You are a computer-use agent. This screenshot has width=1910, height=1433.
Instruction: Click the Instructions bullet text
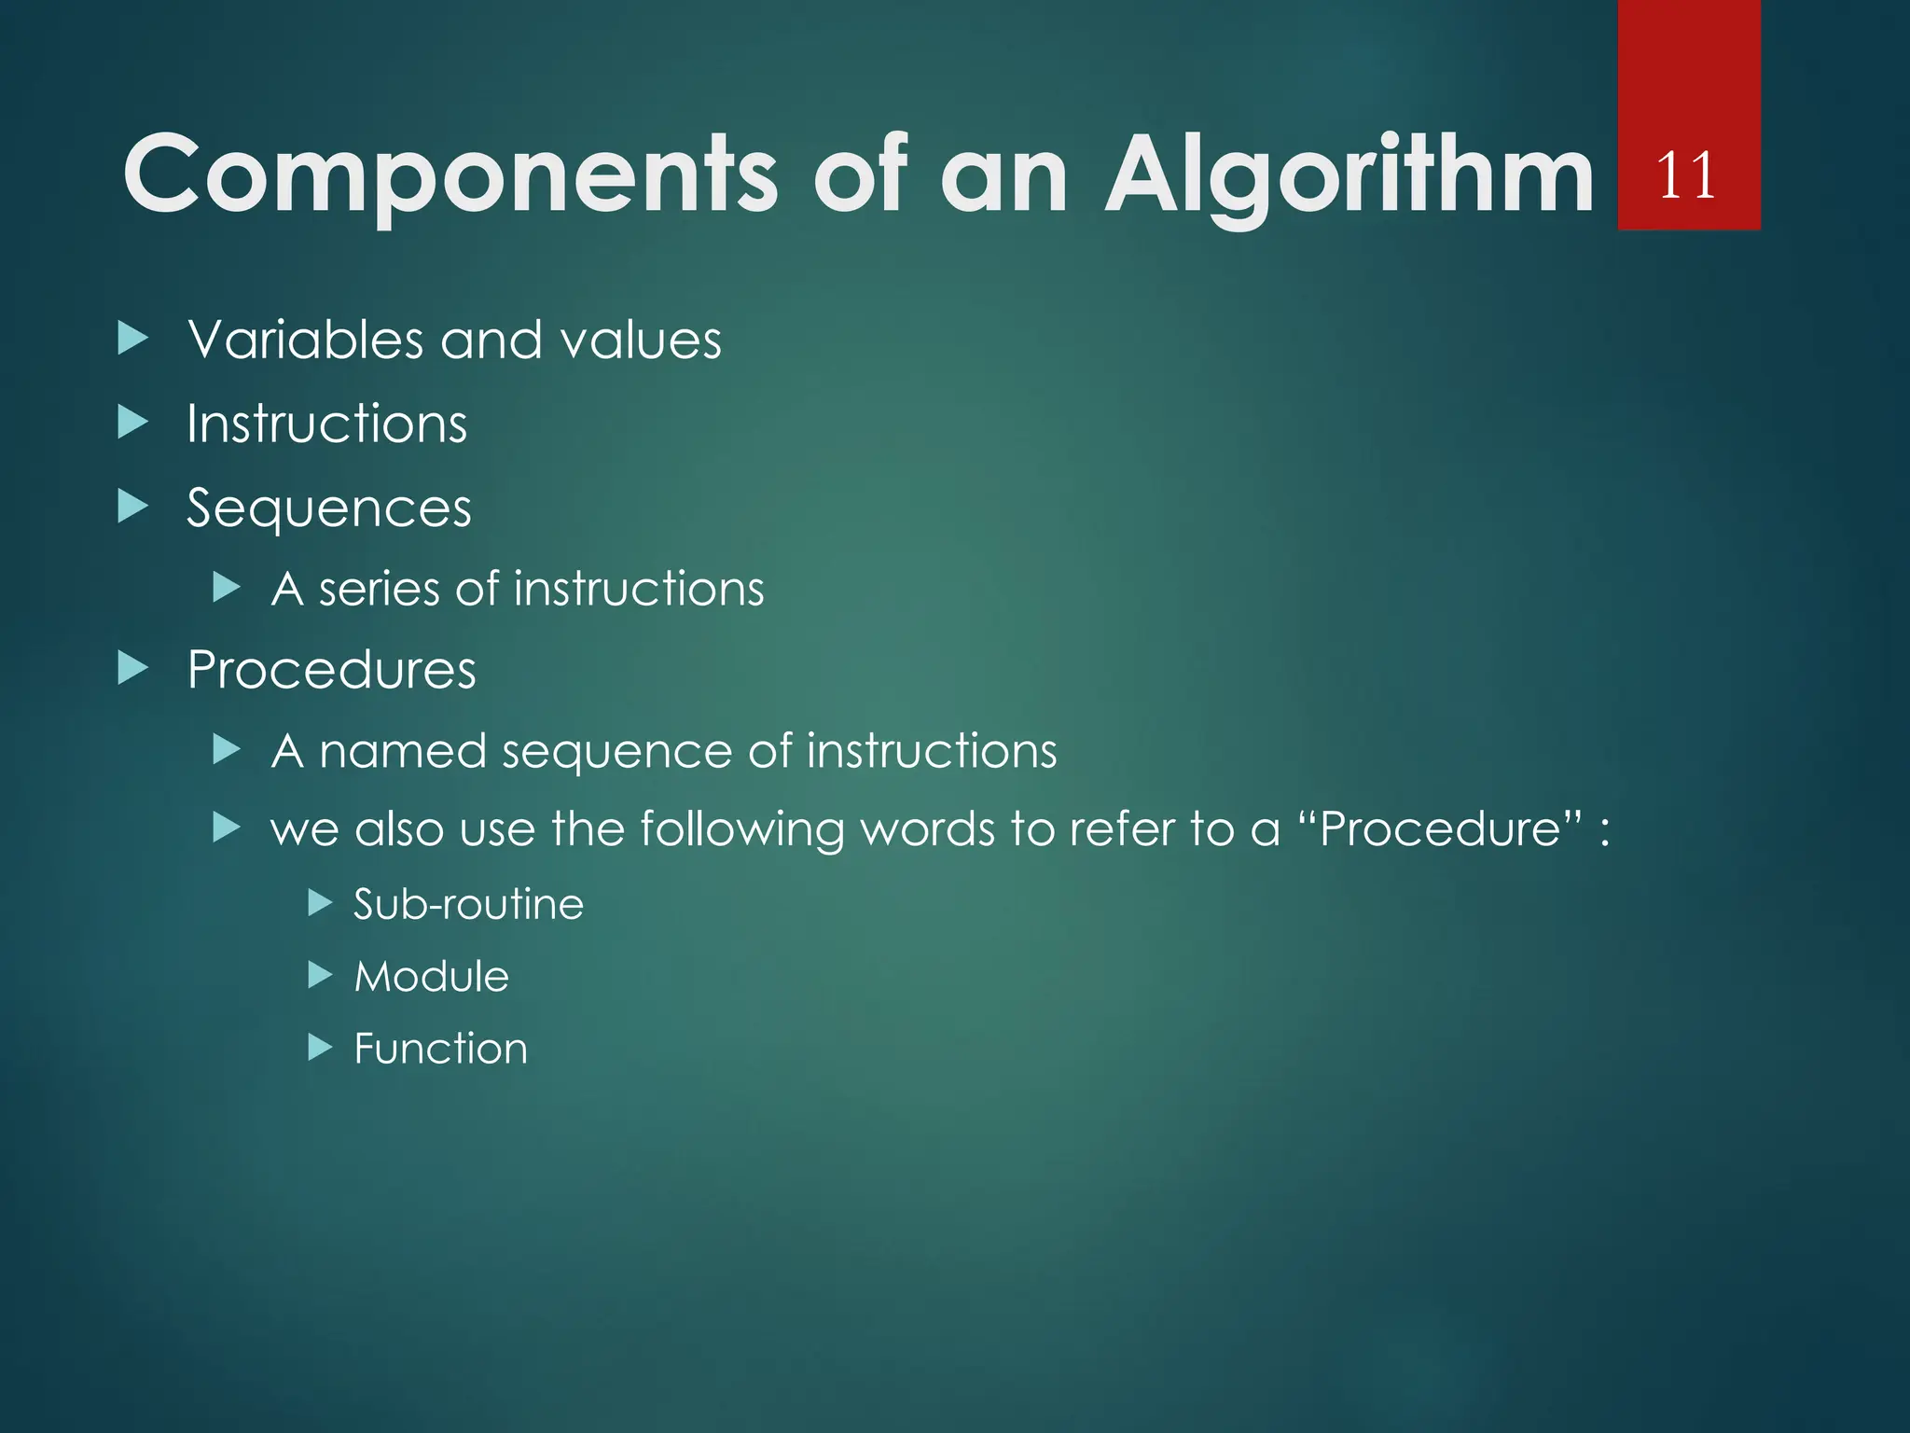pyautogui.click(x=326, y=424)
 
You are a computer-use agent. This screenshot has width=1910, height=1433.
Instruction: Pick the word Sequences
pyautogui.click(x=329, y=509)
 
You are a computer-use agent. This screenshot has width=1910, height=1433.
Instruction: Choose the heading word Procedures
pyautogui.click(x=331, y=670)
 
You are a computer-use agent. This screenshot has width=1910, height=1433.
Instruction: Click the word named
pyautogui.click(x=402, y=751)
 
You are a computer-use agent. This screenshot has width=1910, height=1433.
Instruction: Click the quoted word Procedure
pyautogui.click(x=1441, y=828)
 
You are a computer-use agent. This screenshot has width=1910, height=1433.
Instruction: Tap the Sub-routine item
pyautogui.click(x=468, y=904)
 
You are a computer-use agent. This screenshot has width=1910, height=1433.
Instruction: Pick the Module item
pyautogui.click(x=432, y=977)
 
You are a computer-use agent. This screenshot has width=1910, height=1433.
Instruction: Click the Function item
pyautogui.click(x=440, y=1049)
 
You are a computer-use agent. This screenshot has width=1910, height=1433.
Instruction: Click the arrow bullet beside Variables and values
pyautogui.click(x=133, y=339)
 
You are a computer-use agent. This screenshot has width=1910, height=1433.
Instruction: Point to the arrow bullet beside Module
pyautogui.click(x=320, y=976)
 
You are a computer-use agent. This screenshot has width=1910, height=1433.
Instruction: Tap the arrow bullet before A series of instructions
pyautogui.click(x=227, y=588)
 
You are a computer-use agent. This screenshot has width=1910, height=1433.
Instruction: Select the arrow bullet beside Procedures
pyautogui.click(x=133, y=668)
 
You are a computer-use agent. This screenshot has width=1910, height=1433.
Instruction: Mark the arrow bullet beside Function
pyautogui.click(x=320, y=1048)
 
